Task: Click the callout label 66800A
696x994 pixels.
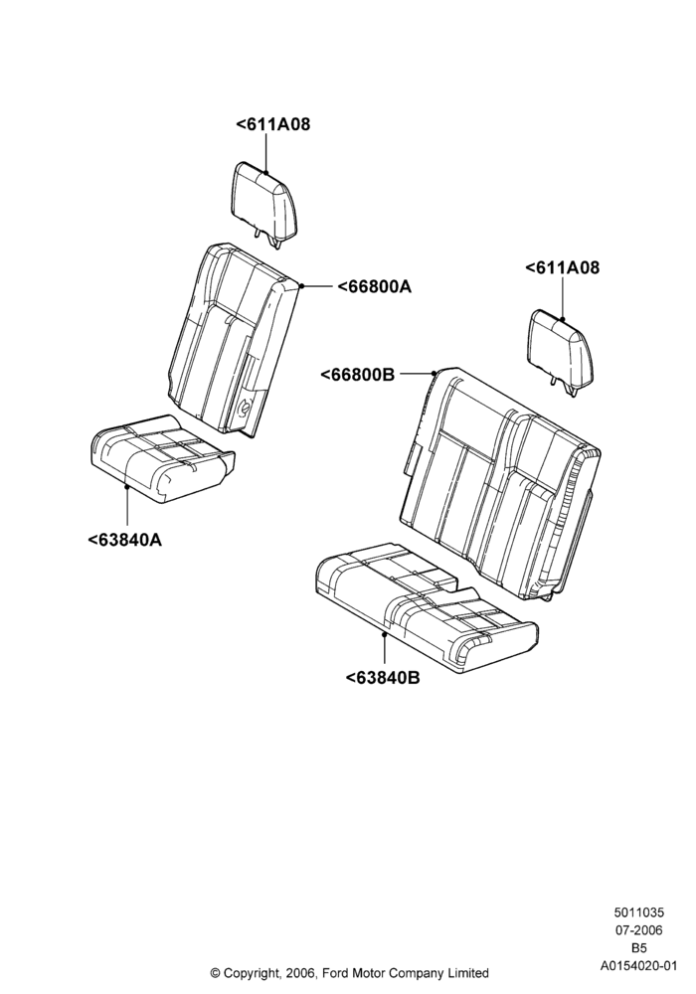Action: [x=374, y=287]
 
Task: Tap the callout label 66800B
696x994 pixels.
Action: [x=357, y=376]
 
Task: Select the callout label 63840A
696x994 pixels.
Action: [x=124, y=540]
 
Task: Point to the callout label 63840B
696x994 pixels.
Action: [x=383, y=678]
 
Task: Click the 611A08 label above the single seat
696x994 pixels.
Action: [x=273, y=124]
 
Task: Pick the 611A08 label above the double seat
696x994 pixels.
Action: [x=562, y=267]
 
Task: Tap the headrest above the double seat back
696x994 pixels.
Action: [x=562, y=351]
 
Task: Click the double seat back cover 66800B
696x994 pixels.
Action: [x=501, y=482]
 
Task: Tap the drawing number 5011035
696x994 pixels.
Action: [x=638, y=912]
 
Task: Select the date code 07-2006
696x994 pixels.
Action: [x=638, y=930]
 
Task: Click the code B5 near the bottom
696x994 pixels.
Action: [x=638, y=948]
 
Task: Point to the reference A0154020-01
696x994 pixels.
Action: [x=638, y=966]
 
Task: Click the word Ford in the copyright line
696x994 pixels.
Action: [x=336, y=973]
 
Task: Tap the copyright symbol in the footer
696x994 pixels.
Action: [x=216, y=973]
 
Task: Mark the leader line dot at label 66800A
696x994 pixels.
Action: [x=301, y=286]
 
